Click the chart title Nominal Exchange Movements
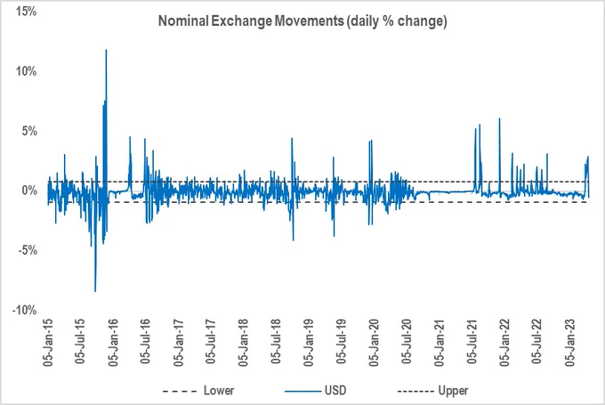[251, 20]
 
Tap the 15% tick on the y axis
[26, 12]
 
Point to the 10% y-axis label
[26, 71]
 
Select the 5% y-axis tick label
[29, 131]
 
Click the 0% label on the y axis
[29, 190]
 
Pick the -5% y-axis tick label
[28, 250]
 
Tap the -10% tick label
[25, 310]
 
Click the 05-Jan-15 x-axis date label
[48, 343]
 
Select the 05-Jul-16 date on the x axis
[145, 341]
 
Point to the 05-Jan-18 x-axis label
[244, 343]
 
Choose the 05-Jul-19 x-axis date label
[342, 341]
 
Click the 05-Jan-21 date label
[440, 343]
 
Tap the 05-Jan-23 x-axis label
[570, 343]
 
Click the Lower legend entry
[198, 391]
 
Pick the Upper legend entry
[433, 391]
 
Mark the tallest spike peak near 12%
[106, 50]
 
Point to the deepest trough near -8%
[95, 291]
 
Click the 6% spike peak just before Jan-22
[499, 118]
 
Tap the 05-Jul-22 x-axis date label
[537, 341]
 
